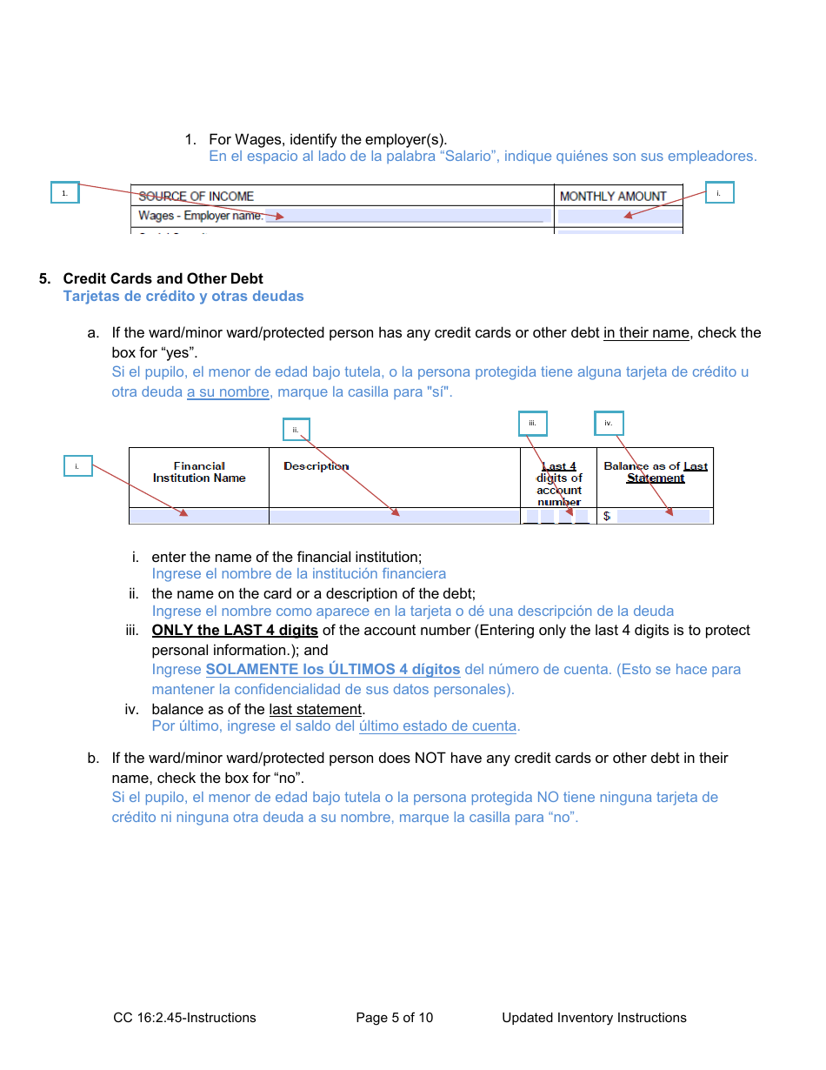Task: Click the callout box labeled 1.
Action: click(x=65, y=193)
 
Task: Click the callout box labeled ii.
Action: click(x=296, y=430)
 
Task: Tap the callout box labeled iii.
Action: click(x=532, y=424)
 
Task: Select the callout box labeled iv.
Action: click(x=609, y=424)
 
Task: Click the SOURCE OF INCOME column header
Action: click(x=196, y=197)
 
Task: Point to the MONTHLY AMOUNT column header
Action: click(x=613, y=197)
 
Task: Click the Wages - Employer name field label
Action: click(x=200, y=216)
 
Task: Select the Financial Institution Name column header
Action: click(x=199, y=472)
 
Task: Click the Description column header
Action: click(x=316, y=466)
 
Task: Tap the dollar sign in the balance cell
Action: click(x=607, y=517)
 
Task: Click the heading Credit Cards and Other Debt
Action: click(x=163, y=278)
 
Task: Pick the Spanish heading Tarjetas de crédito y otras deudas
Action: click(x=183, y=296)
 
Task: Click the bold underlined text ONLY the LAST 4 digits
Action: click(x=235, y=630)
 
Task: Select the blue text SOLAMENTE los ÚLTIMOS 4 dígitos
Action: click(x=333, y=670)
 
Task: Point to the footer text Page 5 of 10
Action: click(x=394, y=1018)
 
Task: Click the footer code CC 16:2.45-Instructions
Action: click(x=184, y=1018)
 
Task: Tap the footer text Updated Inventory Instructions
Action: click(x=594, y=1018)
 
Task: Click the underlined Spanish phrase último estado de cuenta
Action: click(x=437, y=726)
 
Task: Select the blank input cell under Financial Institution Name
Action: click(x=199, y=517)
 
